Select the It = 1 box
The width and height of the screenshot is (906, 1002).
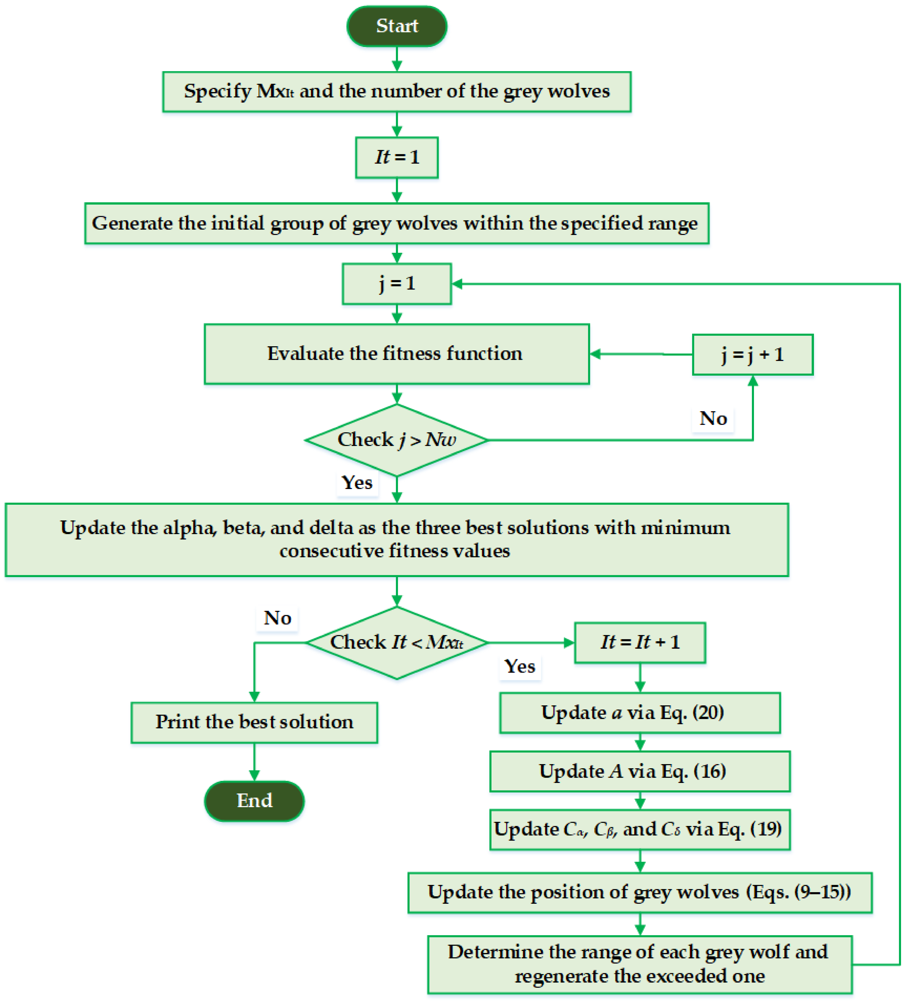[397, 158]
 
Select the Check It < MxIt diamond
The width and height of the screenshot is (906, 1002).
[397, 643]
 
